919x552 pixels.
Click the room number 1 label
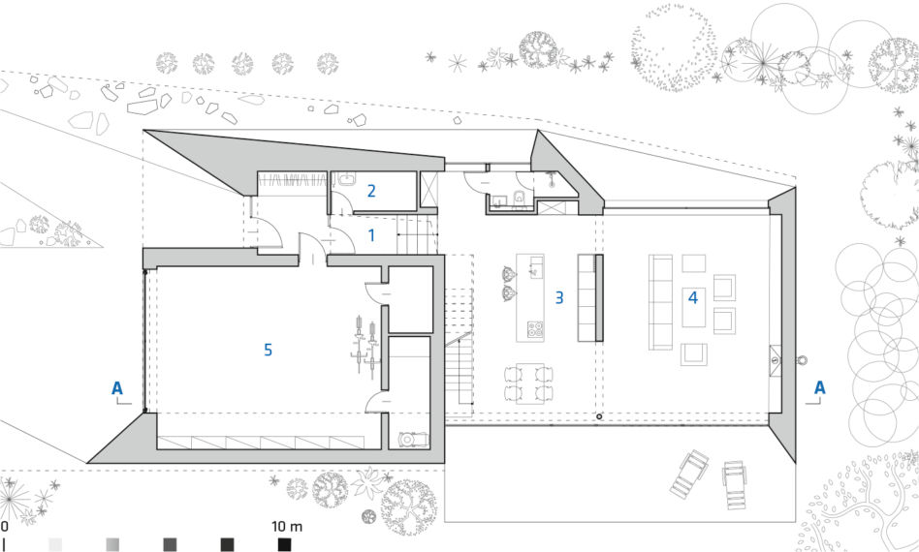coord(371,235)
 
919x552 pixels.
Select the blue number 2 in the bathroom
coord(371,191)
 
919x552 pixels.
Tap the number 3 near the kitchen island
coord(559,297)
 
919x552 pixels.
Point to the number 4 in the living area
coord(693,297)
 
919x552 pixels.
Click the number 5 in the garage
coord(268,350)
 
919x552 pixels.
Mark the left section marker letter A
coord(117,387)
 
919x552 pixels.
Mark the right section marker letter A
coord(819,387)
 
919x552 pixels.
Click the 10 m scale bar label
coord(287,526)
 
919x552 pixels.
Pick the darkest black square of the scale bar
coord(284,545)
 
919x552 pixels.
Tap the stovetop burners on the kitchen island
coord(534,329)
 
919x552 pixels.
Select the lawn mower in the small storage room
coord(413,439)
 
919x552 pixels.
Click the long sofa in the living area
coord(660,302)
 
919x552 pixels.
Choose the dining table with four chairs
coord(529,383)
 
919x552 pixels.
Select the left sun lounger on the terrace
coord(688,475)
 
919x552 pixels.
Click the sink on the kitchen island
coord(536,267)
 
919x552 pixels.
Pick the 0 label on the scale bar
coord(4,525)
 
